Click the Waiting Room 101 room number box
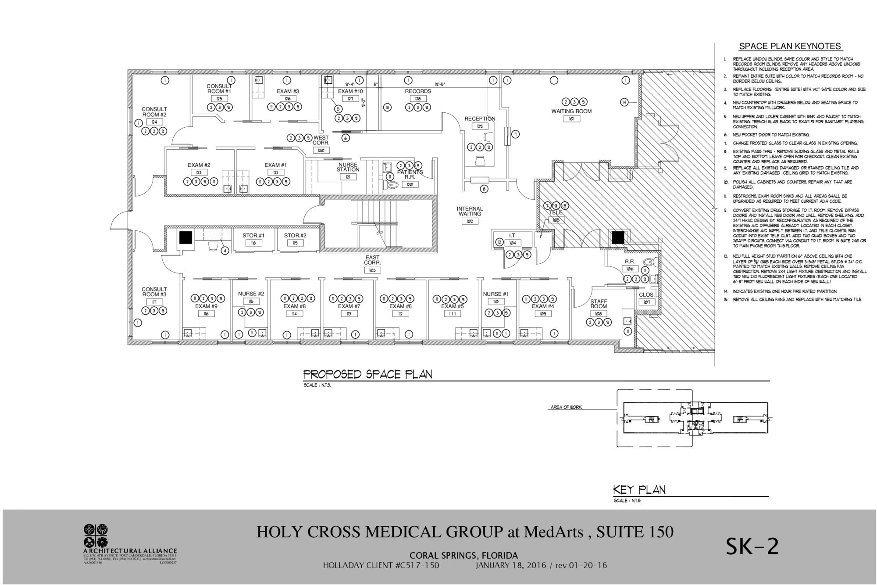(x=571, y=118)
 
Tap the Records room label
(x=418, y=91)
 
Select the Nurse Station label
(x=348, y=167)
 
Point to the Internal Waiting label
(x=470, y=211)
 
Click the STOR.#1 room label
(x=253, y=236)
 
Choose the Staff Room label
(x=598, y=304)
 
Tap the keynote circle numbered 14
(x=624, y=102)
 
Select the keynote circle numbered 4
(x=225, y=251)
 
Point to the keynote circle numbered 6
(x=346, y=138)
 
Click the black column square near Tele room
(x=618, y=237)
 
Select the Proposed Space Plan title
(x=367, y=374)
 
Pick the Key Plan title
(x=639, y=490)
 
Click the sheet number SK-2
(x=752, y=546)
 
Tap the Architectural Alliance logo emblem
(x=95, y=535)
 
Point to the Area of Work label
(x=566, y=408)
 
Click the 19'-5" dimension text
(x=440, y=84)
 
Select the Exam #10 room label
(x=350, y=91)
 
